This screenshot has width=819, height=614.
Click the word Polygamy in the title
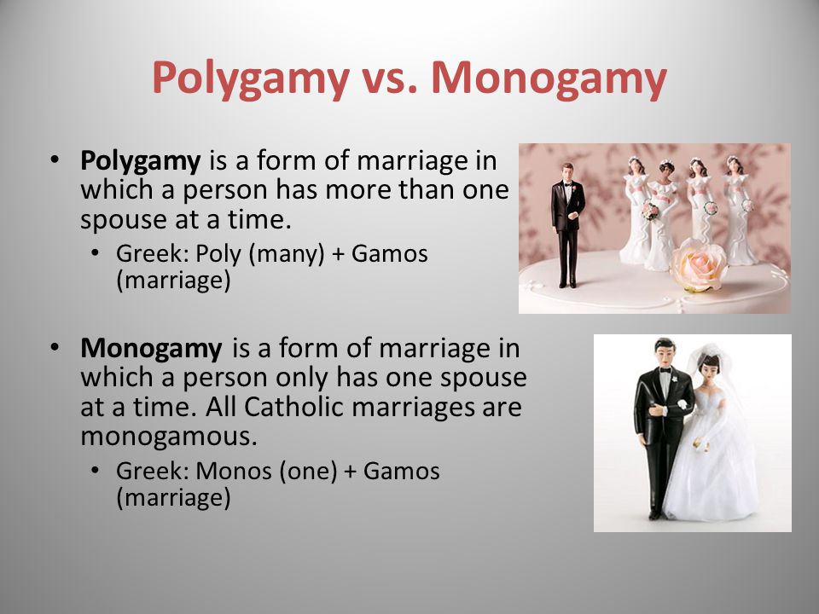[x=250, y=78]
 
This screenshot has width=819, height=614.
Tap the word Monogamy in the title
[x=549, y=78]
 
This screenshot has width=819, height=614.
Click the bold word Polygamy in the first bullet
[x=140, y=161]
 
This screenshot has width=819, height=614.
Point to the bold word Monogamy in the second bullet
[x=151, y=349]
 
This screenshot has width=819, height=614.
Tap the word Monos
[x=234, y=471]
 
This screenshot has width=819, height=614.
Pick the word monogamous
[x=169, y=437]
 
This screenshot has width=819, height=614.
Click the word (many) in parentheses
[x=287, y=255]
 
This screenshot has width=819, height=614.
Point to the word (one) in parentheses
[x=308, y=472]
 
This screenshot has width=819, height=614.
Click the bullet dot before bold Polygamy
[x=55, y=159]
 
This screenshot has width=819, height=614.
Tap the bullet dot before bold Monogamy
[x=55, y=346]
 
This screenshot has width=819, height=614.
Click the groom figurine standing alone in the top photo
[x=567, y=225]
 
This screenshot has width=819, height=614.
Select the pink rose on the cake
[x=699, y=264]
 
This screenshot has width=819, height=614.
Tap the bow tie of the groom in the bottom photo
[x=665, y=369]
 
